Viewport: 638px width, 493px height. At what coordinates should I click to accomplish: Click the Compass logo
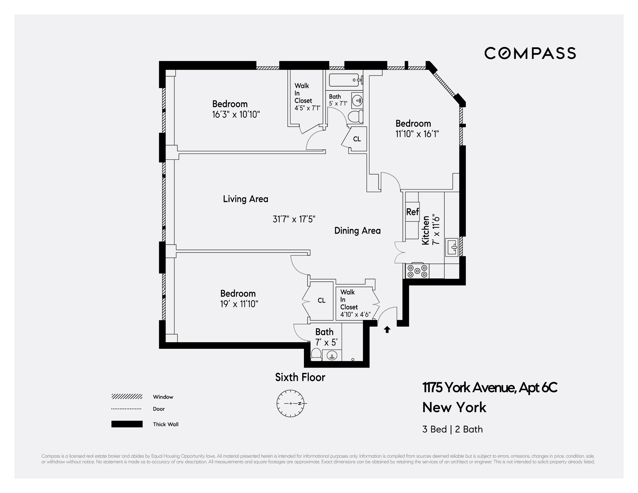point(530,53)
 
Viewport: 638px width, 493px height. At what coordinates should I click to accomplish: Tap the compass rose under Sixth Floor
point(291,403)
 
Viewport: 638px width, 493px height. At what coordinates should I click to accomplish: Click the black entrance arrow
point(387,330)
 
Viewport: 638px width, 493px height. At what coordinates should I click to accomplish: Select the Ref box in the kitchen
point(412,212)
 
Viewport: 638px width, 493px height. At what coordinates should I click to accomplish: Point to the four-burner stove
point(417,271)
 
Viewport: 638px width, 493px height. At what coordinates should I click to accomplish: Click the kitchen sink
point(452,247)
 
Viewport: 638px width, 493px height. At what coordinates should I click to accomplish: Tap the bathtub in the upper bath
point(344,80)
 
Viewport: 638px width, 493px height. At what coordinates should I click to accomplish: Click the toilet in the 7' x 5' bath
point(316,354)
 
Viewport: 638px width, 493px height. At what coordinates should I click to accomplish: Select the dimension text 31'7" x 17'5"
point(294,219)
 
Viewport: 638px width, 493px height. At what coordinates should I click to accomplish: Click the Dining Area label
point(357,231)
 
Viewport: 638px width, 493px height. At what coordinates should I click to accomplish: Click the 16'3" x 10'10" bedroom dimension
point(236,115)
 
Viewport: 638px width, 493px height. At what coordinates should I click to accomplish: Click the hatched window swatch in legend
point(127,396)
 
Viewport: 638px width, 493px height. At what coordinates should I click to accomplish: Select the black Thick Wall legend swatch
point(127,424)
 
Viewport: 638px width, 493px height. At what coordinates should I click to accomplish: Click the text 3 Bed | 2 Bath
point(452,429)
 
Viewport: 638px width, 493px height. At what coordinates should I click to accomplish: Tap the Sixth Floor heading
point(300,377)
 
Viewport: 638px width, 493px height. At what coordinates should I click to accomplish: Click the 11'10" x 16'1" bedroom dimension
point(417,134)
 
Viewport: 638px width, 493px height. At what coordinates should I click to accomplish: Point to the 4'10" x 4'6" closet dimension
point(355,315)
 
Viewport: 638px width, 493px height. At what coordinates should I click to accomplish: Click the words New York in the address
point(454,407)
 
